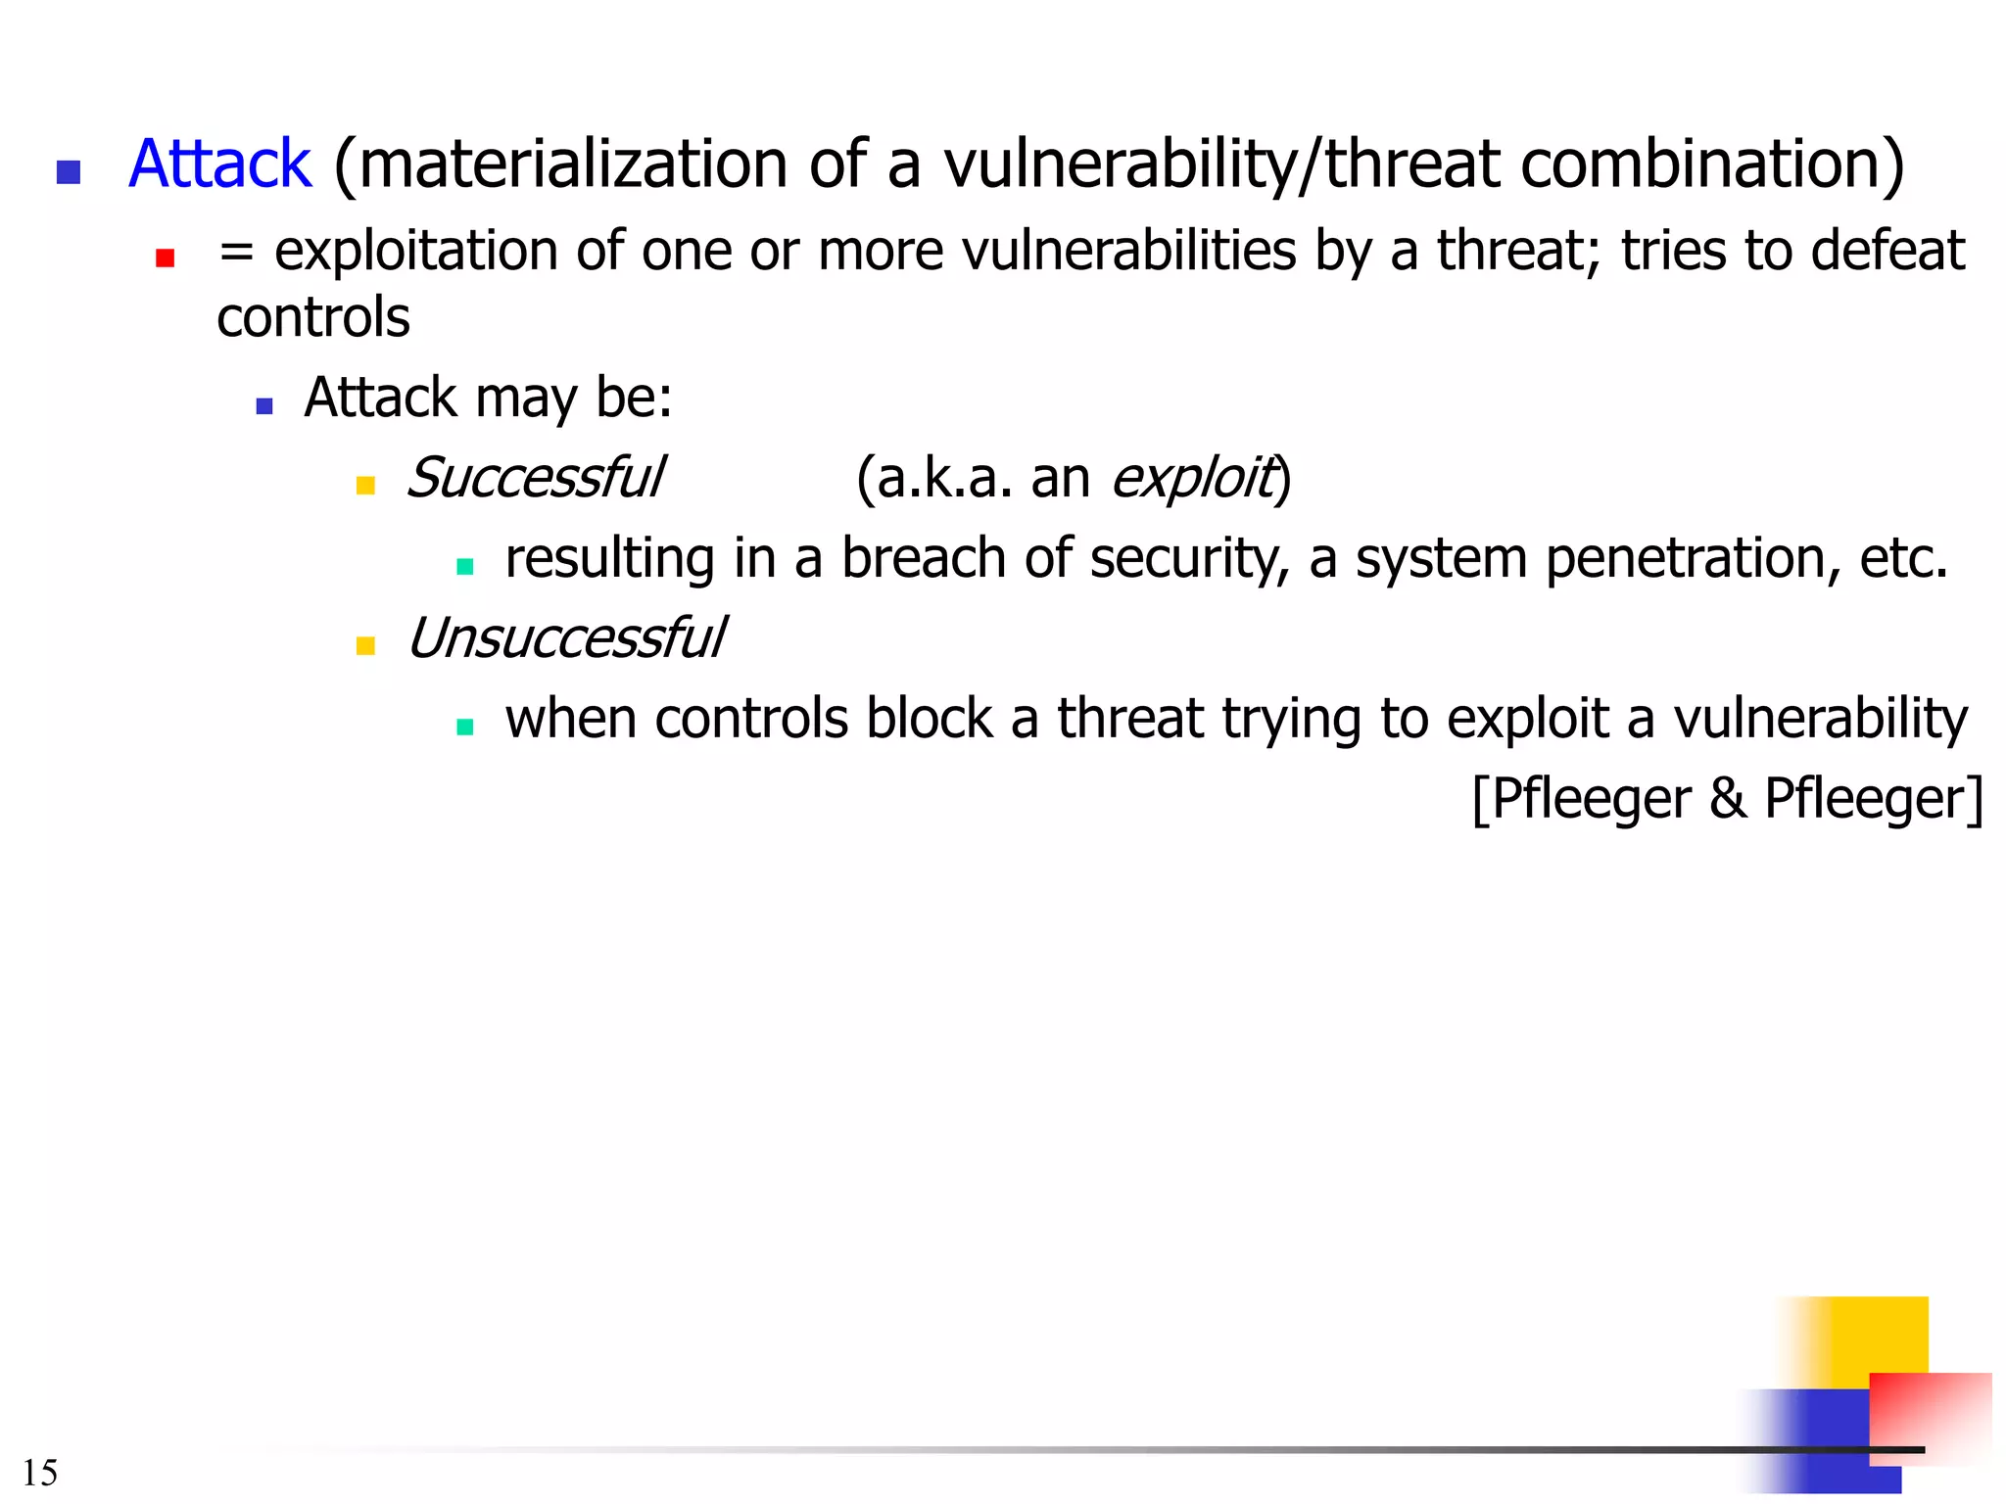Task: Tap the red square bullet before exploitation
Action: (165, 258)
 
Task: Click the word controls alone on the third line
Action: (312, 318)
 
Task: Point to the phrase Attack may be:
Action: (488, 398)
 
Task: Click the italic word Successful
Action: (535, 478)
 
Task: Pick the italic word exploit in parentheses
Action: (1194, 478)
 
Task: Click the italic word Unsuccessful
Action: (566, 638)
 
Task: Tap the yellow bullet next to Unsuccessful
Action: (365, 646)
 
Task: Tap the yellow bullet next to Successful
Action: (365, 486)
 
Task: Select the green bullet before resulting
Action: (465, 566)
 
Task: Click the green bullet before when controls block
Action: (465, 727)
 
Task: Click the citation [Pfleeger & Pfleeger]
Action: (1727, 799)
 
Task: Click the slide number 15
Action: (39, 1473)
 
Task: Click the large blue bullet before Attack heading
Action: (69, 172)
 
